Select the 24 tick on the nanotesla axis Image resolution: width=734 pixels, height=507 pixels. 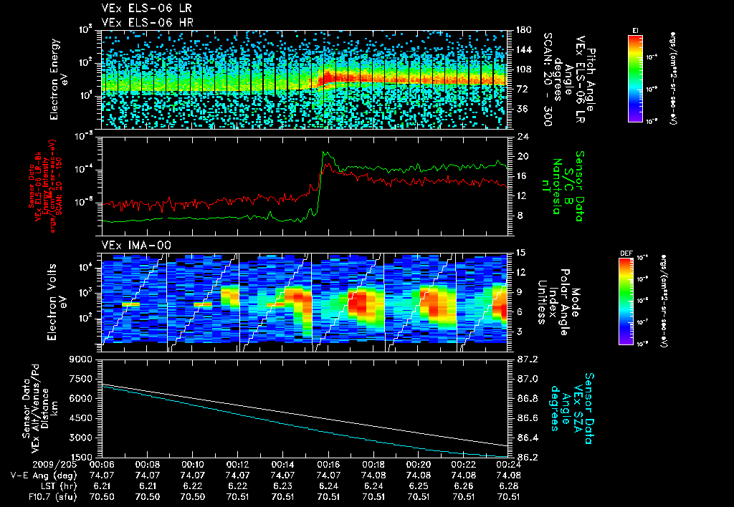point(518,136)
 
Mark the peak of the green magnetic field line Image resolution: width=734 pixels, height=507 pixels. point(325,153)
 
